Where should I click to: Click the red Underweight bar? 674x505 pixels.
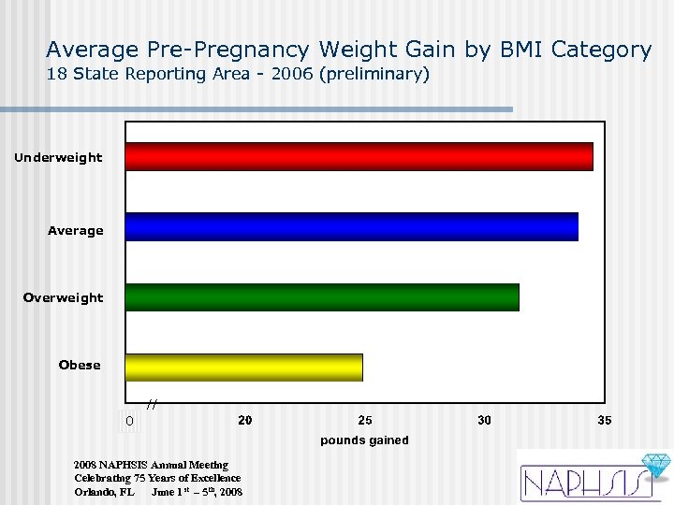(x=359, y=156)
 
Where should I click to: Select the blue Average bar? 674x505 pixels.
(x=352, y=227)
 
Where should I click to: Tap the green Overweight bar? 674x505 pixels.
(x=322, y=296)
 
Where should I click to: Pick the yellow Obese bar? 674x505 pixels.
(x=244, y=368)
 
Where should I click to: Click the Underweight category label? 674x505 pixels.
(x=58, y=158)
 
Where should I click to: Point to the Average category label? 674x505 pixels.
(x=76, y=231)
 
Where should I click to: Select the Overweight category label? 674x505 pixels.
(x=64, y=298)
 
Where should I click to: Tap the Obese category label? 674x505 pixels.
(x=80, y=366)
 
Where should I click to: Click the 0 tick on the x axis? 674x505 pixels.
(x=130, y=422)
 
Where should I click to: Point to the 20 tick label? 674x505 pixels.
(x=244, y=421)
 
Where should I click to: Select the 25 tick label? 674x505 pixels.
(x=364, y=421)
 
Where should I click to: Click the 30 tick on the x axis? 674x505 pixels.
(x=484, y=421)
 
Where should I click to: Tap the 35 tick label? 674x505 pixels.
(x=605, y=421)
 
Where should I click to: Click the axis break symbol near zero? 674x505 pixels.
(x=152, y=405)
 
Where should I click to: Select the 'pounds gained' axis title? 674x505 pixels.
(x=364, y=440)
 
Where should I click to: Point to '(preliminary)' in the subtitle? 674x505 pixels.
(x=374, y=74)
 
